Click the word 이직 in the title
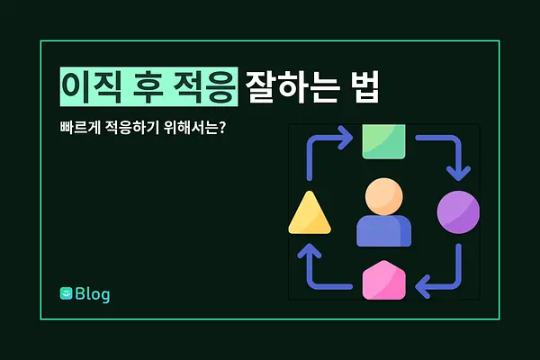pyautogui.click(x=92, y=86)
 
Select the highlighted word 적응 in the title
pyautogui.click(x=204, y=86)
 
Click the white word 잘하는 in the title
pyautogui.click(x=292, y=86)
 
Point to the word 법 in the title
pyautogui.click(x=365, y=86)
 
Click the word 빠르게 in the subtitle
pyautogui.click(x=80, y=128)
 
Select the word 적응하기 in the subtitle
pyautogui.click(x=131, y=128)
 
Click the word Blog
pyautogui.click(x=93, y=294)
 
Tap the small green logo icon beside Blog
pyautogui.click(x=66, y=293)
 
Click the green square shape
pyautogui.click(x=383, y=141)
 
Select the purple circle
pyautogui.click(x=458, y=212)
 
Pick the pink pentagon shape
pyautogui.click(x=384, y=281)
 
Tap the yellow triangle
pyautogui.click(x=310, y=213)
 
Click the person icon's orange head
pyautogui.click(x=384, y=197)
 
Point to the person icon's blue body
pyautogui.click(x=384, y=230)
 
